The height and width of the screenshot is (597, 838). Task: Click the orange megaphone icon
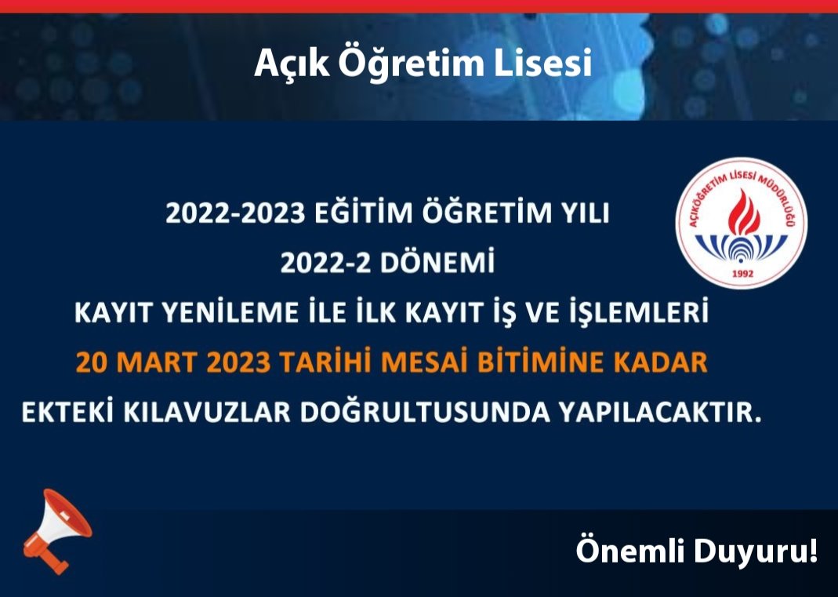coord(56,530)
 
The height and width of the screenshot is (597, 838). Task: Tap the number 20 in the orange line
coord(90,363)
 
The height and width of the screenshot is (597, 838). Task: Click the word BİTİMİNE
coord(539,363)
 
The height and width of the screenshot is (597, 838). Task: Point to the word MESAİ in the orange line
coord(434,363)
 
